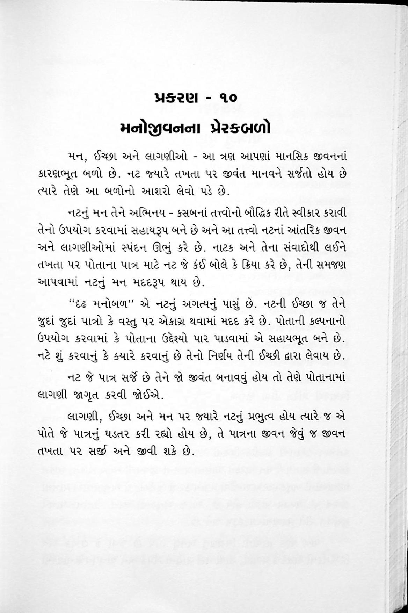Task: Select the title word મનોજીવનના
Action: click(x=165, y=128)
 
